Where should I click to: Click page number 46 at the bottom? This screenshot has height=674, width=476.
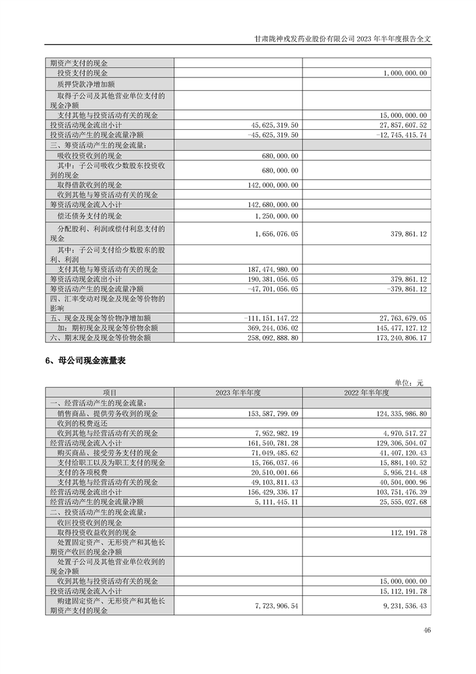click(x=427, y=630)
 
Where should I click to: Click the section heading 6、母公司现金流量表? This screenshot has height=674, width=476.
click(x=84, y=362)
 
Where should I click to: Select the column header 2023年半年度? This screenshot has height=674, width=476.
click(x=238, y=392)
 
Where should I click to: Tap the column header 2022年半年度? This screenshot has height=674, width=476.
click(x=367, y=392)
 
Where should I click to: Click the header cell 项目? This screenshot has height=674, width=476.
click(x=109, y=392)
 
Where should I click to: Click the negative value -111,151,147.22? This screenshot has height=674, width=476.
click(x=272, y=318)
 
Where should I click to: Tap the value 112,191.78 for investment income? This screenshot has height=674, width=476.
click(x=405, y=533)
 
